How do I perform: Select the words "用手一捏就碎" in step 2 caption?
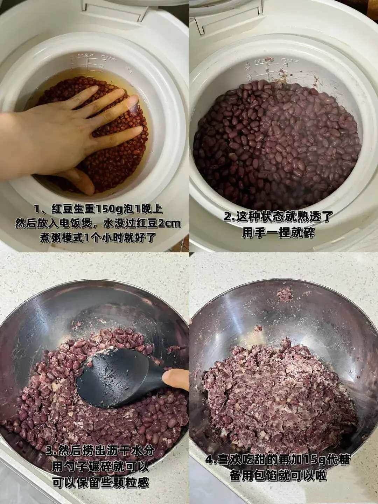[x=279, y=232]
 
